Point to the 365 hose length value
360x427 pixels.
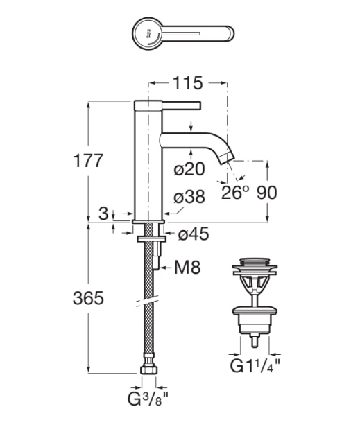pos(88,299)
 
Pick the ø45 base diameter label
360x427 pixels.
pos(194,234)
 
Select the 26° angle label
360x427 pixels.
pos(235,192)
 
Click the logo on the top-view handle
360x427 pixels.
pos(149,31)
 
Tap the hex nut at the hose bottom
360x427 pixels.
pos(148,372)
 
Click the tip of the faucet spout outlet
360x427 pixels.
pos(227,162)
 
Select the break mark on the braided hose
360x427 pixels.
pos(147,303)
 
